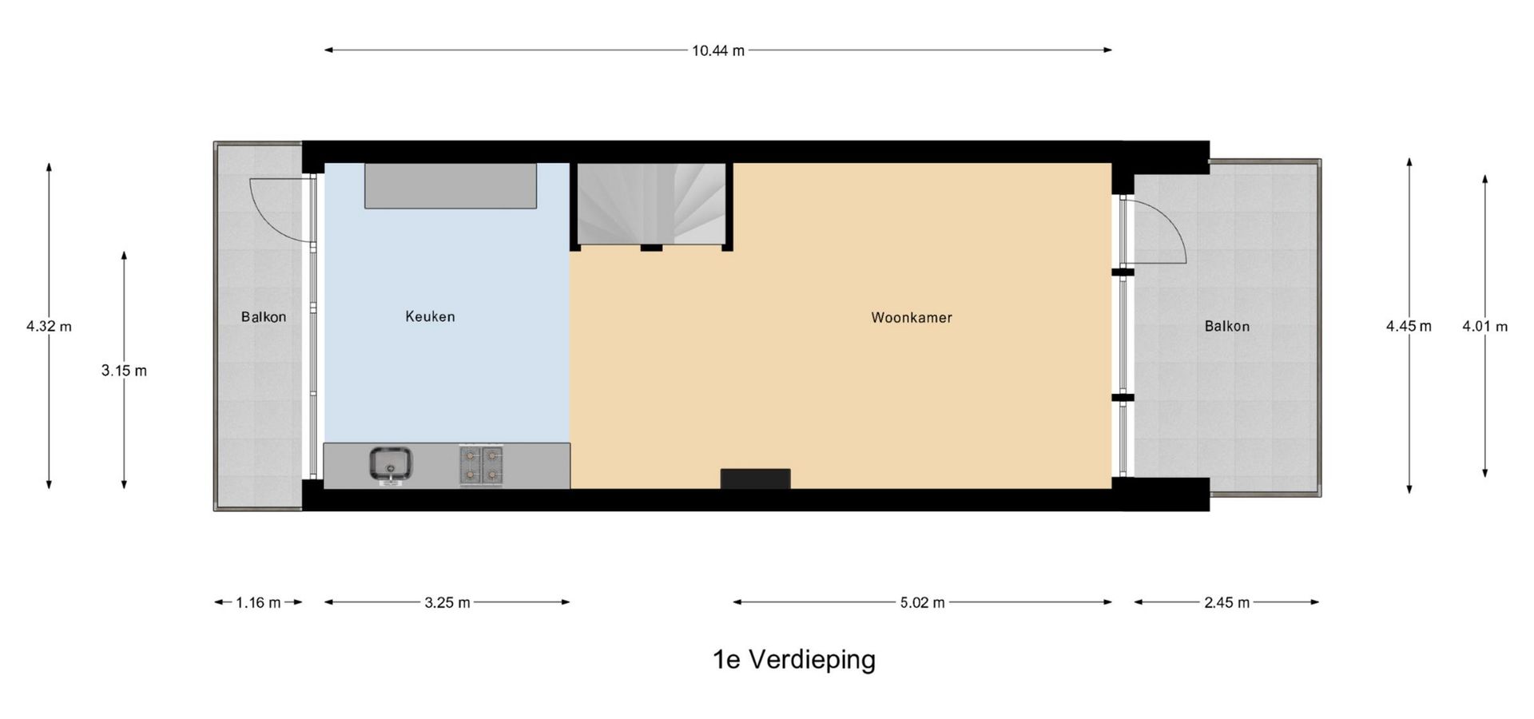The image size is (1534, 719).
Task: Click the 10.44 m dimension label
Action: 717,51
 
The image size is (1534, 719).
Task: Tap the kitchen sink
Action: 391,464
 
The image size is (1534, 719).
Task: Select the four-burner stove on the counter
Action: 481,465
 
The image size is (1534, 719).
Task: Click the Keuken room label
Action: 430,316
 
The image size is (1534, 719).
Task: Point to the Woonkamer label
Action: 912,317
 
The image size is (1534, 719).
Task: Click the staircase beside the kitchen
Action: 652,204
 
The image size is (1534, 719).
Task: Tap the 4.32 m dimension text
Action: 49,326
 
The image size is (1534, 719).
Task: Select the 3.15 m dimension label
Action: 124,371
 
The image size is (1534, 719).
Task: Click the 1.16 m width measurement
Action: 258,602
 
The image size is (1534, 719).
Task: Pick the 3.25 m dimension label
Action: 447,602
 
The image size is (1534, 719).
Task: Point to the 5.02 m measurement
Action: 922,602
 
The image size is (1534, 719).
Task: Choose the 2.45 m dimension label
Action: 1226,602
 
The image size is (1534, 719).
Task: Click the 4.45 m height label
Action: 1409,326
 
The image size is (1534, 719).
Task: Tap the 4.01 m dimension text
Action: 1484,326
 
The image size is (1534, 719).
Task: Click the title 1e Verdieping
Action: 794,660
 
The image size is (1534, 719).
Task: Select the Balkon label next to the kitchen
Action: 264,317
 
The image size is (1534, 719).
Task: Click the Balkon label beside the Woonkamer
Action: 1227,326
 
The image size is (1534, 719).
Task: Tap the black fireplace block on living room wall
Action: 755,479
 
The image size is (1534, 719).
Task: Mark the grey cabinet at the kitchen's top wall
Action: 451,186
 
